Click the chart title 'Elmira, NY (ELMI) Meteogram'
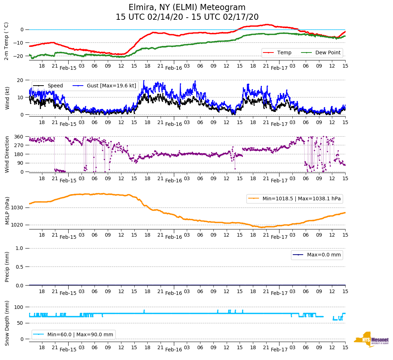click(187, 8)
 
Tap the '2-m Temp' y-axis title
click(6, 41)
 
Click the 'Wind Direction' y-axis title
click(7, 154)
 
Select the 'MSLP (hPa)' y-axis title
click(7, 211)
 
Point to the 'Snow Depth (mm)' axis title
click(7, 323)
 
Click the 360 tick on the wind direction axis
click(19, 137)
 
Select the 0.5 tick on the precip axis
click(20, 267)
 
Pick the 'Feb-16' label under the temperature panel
click(174, 68)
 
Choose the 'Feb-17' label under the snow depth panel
click(279, 350)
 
